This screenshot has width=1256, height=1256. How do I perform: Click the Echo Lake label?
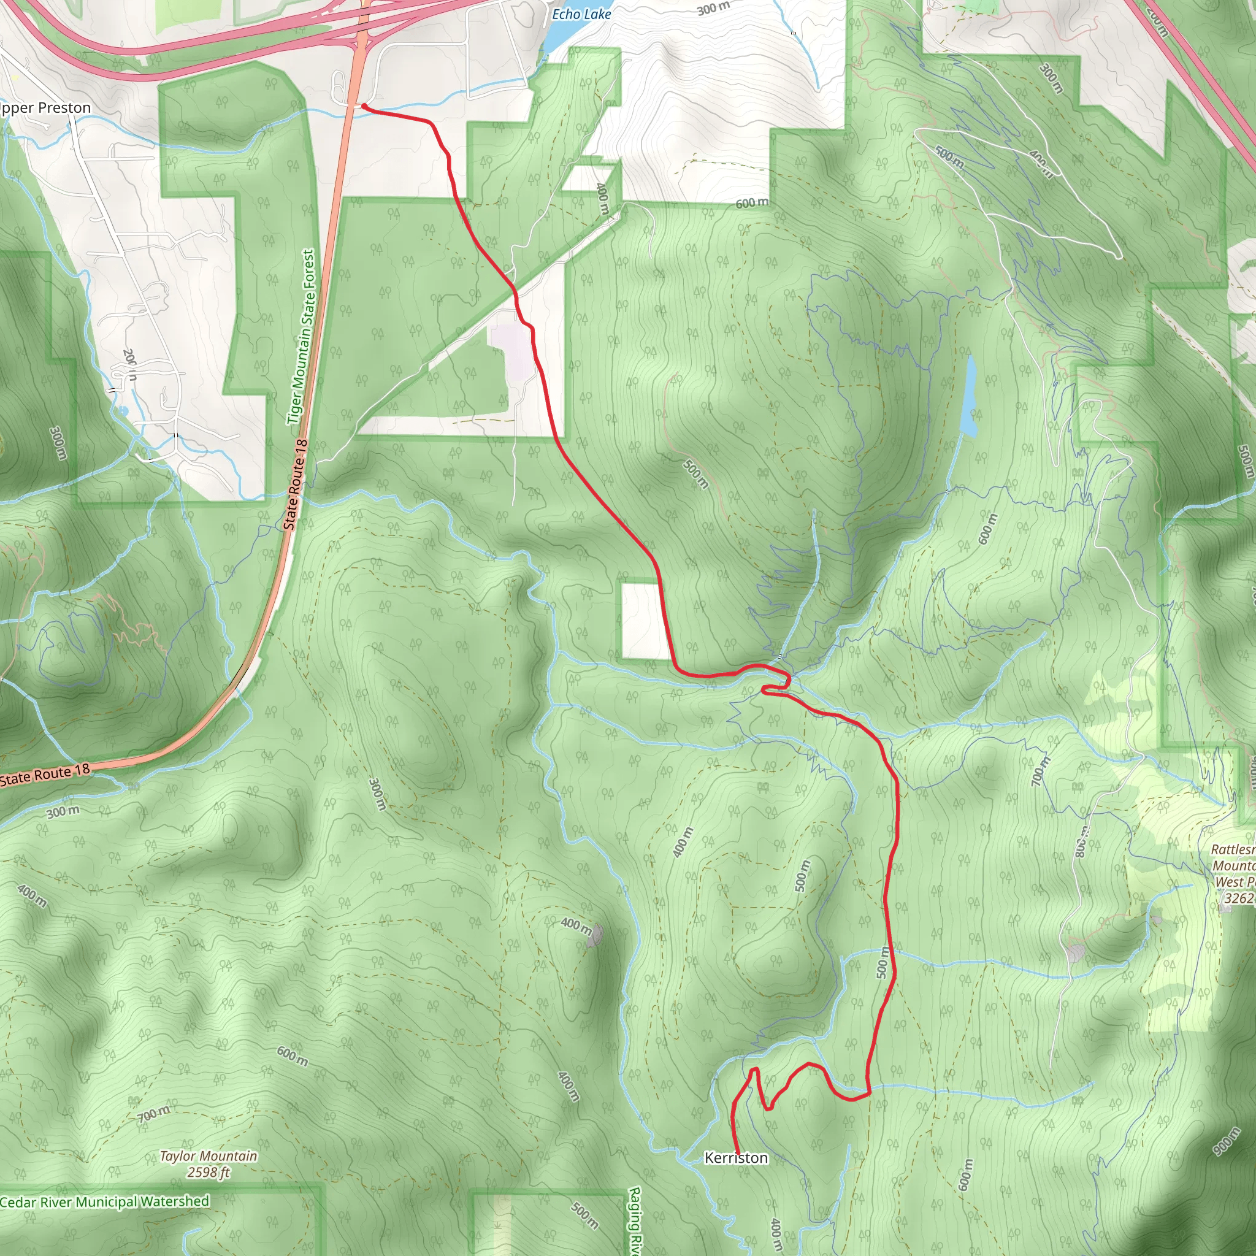(x=581, y=13)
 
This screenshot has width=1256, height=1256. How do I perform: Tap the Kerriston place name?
(x=736, y=1158)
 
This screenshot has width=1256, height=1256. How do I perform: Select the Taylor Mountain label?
(x=208, y=1156)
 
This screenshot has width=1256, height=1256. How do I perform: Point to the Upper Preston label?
(x=44, y=108)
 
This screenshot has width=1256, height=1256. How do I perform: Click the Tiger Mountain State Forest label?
(x=302, y=337)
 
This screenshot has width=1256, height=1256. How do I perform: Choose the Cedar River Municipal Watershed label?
(x=105, y=1202)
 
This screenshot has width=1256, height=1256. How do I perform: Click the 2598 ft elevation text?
(x=208, y=1172)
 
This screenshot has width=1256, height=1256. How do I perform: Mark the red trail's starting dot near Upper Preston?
(x=365, y=106)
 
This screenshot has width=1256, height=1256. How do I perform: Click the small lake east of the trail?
(x=968, y=397)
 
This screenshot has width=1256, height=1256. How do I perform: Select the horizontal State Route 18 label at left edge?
(x=44, y=775)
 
